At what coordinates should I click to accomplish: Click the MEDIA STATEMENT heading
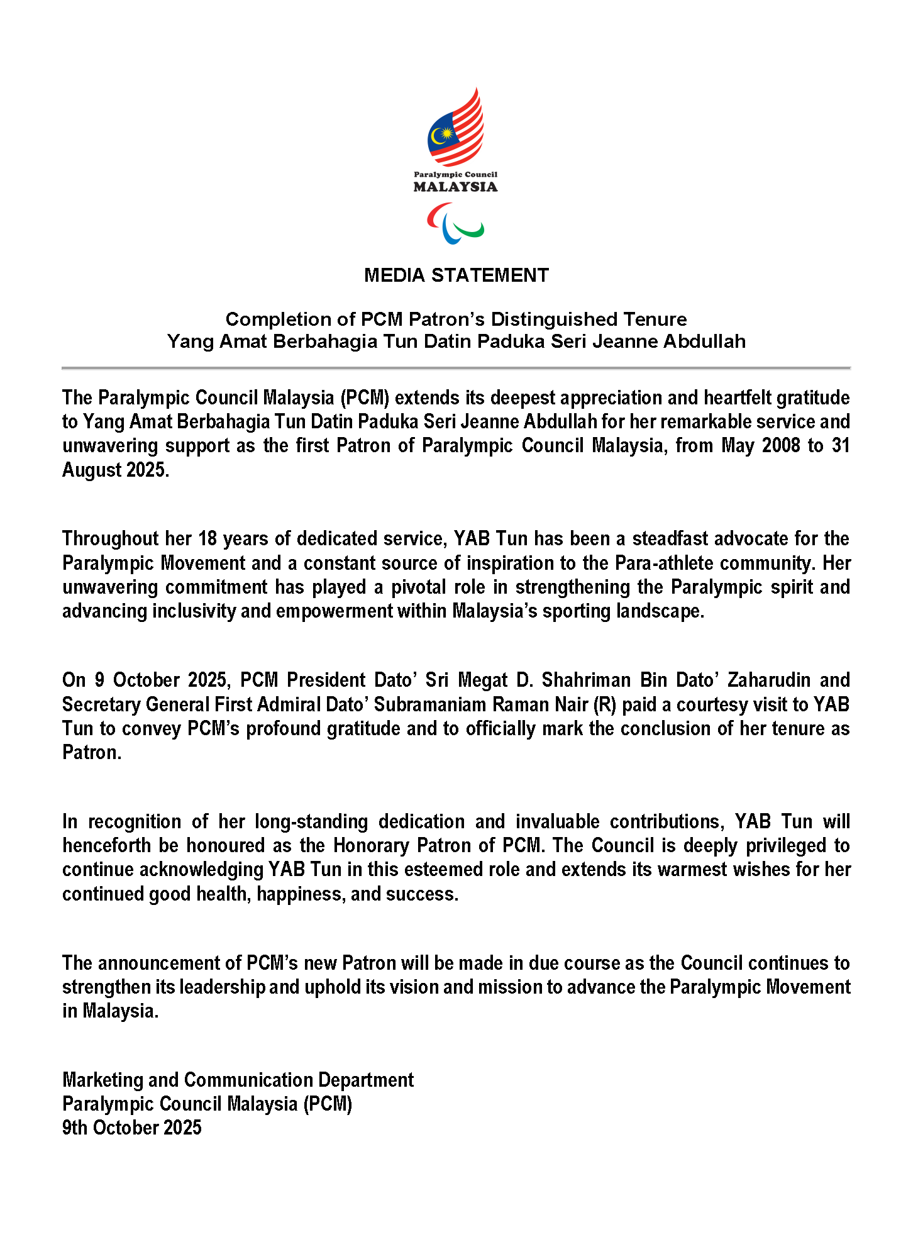(x=456, y=275)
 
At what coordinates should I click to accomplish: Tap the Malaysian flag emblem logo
(x=456, y=128)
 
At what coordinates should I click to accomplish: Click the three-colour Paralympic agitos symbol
(x=455, y=224)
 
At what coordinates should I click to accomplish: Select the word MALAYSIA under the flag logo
(x=455, y=187)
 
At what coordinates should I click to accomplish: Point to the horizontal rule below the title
(x=456, y=368)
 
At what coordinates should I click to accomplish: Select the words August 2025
(x=116, y=470)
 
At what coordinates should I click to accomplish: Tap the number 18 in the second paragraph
(x=207, y=539)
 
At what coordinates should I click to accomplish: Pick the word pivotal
(x=417, y=587)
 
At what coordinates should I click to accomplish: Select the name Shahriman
(x=587, y=680)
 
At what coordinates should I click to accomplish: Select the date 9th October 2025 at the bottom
(x=132, y=1128)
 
